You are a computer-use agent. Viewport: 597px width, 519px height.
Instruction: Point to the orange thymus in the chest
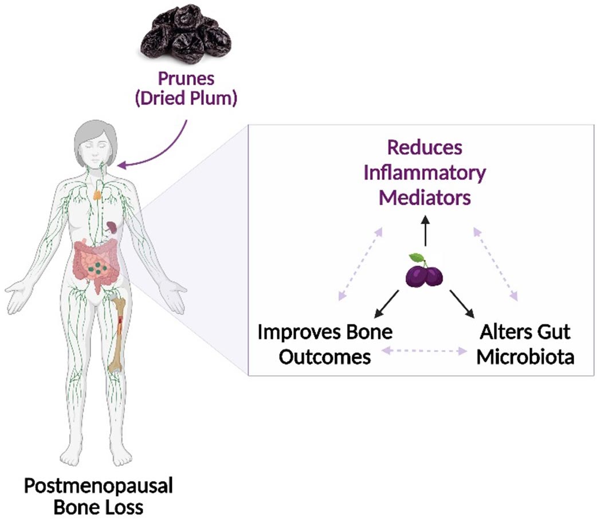[x=99, y=194]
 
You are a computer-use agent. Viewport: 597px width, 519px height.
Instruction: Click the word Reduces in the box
[x=425, y=147]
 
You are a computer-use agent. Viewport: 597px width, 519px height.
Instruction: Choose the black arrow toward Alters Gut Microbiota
[x=462, y=303]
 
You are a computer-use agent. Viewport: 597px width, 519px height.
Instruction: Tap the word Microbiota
[x=525, y=356]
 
